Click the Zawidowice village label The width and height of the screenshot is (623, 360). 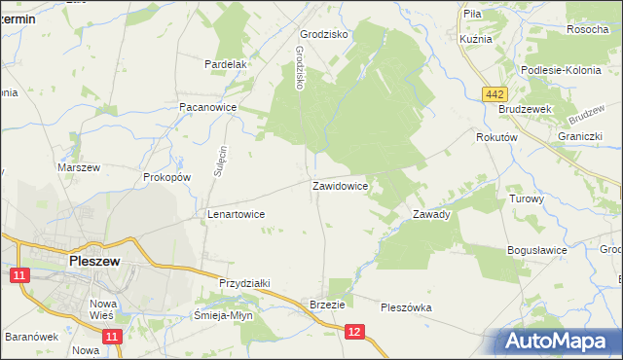pyautogui.click(x=340, y=185)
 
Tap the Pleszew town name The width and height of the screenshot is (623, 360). pyautogui.click(x=94, y=261)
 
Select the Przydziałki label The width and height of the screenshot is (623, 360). pyautogui.click(x=244, y=282)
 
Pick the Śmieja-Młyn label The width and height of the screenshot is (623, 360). pyautogui.click(x=225, y=316)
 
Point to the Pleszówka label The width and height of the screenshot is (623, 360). pyautogui.click(x=406, y=307)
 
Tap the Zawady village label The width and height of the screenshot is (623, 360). pyautogui.click(x=431, y=214)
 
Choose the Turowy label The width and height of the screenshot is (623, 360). pyautogui.click(x=526, y=198)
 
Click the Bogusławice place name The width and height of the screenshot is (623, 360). pyautogui.click(x=536, y=250)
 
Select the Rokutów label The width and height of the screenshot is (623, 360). pyautogui.click(x=495, y=138)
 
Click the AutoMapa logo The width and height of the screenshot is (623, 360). pyautogui.click(x=558, y=341)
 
